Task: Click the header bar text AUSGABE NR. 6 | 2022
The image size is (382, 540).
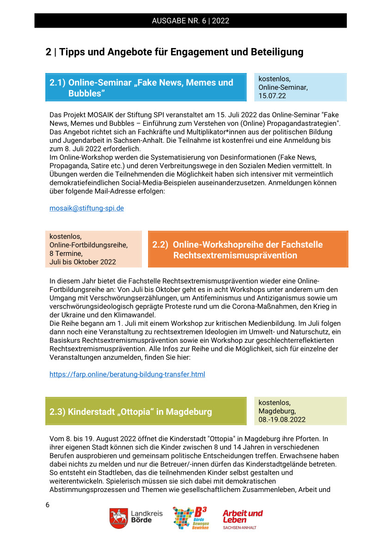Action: [x=191, y=21]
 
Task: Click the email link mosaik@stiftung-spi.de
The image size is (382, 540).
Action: [x=86, y=208]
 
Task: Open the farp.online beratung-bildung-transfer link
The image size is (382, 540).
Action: [x=127, y=374]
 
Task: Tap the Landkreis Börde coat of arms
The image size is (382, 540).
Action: [x=118, y=518]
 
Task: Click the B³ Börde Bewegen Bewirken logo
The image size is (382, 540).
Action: [x=190, y=518]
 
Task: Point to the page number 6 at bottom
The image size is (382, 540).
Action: [x=48, y=505]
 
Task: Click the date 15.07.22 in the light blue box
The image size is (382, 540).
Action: [x=272, y=96]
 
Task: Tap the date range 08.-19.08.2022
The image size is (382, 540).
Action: [x=282, y=419]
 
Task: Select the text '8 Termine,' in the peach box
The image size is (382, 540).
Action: [x=66, y=253]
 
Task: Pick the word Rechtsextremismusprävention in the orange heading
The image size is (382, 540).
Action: [x=235, y=255]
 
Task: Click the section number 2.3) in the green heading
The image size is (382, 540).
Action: [x=57, y=411]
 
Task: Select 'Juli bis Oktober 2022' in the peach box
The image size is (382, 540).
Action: [x=83, y=262]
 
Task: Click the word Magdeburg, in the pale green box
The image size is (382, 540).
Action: [x=277, y=411]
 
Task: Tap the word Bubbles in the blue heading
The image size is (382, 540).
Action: [x=87, y=93]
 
